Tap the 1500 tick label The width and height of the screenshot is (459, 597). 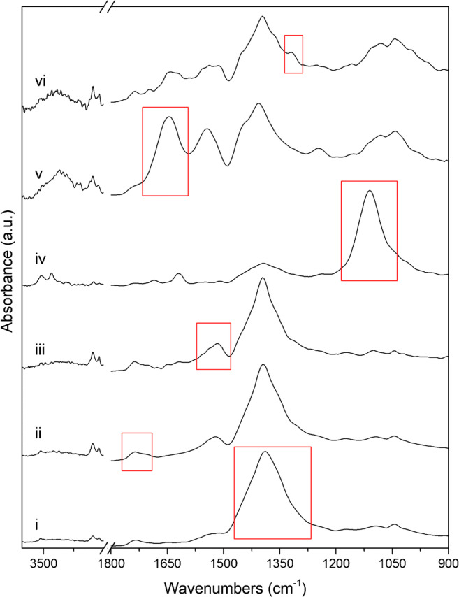223,560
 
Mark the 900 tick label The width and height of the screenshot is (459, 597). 447,560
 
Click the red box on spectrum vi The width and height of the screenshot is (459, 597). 293,54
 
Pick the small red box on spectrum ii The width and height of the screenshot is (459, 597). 137,452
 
